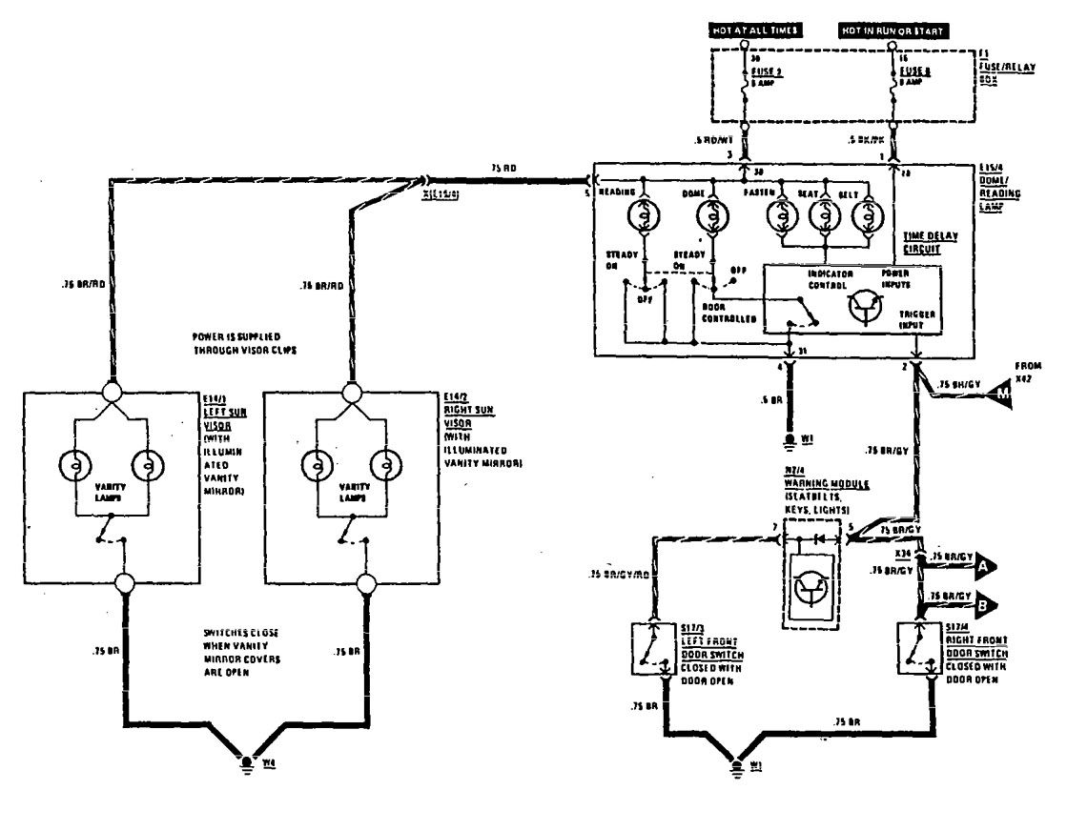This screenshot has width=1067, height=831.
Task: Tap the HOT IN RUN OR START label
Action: pyautogui.click(x=893, y=31)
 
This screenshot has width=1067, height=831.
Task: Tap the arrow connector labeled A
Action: pyautogui.click(x=984, y=567)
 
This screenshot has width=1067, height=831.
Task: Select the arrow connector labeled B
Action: pyautogui.click(x=984, y=603)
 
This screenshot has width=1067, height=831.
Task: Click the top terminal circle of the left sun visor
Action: pyautogui.click(x=113, y=392)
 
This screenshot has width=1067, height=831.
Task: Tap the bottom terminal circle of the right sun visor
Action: pyautogui.click(x=363, y=583)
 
